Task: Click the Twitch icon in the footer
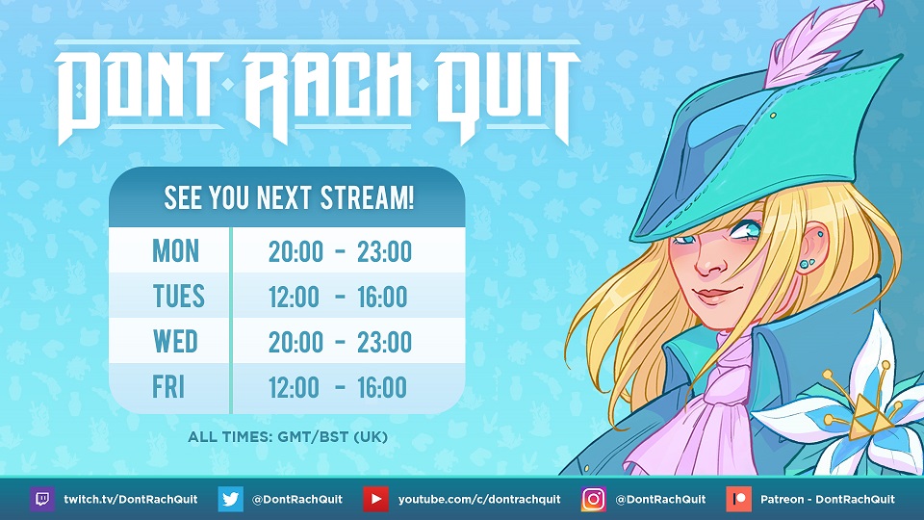[x=42, y=500]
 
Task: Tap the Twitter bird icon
[x=230, y=500]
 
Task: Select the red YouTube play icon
[x=376, y=500]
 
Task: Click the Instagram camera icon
[x=594, y=500]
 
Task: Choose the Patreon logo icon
[x=739, y=500]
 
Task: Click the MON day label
[x=175, y=251]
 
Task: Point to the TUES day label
[x=179, y=296]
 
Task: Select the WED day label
[x=175, y=341]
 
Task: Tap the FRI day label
[x=168, y=387]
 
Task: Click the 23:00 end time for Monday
[x=385, y=251]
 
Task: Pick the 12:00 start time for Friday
[x=295, y=387]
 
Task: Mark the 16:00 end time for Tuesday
[x=382, y=297]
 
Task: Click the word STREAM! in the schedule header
[x=367, y=198]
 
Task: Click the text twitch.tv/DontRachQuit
[x=131, y=500]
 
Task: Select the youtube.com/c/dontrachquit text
[x=479, y=500]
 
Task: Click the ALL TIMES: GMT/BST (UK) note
[x=288, y=437]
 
